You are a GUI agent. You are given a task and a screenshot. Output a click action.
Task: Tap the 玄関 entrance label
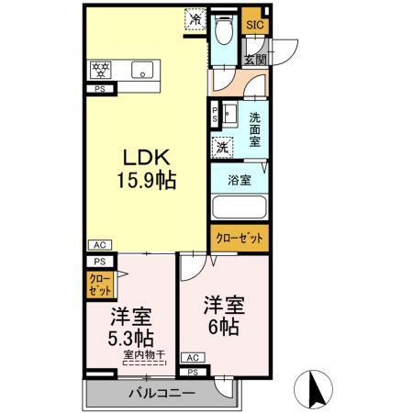[254, 59]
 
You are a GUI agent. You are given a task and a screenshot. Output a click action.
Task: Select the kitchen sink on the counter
[142, 69]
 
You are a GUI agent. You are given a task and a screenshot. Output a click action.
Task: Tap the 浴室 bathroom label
[240, 180]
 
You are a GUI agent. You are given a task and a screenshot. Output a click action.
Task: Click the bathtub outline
[238, 208]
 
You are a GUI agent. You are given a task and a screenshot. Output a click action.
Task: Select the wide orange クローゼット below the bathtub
[239, 238]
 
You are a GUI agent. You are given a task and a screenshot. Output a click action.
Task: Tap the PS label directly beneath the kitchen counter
[98, 89]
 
